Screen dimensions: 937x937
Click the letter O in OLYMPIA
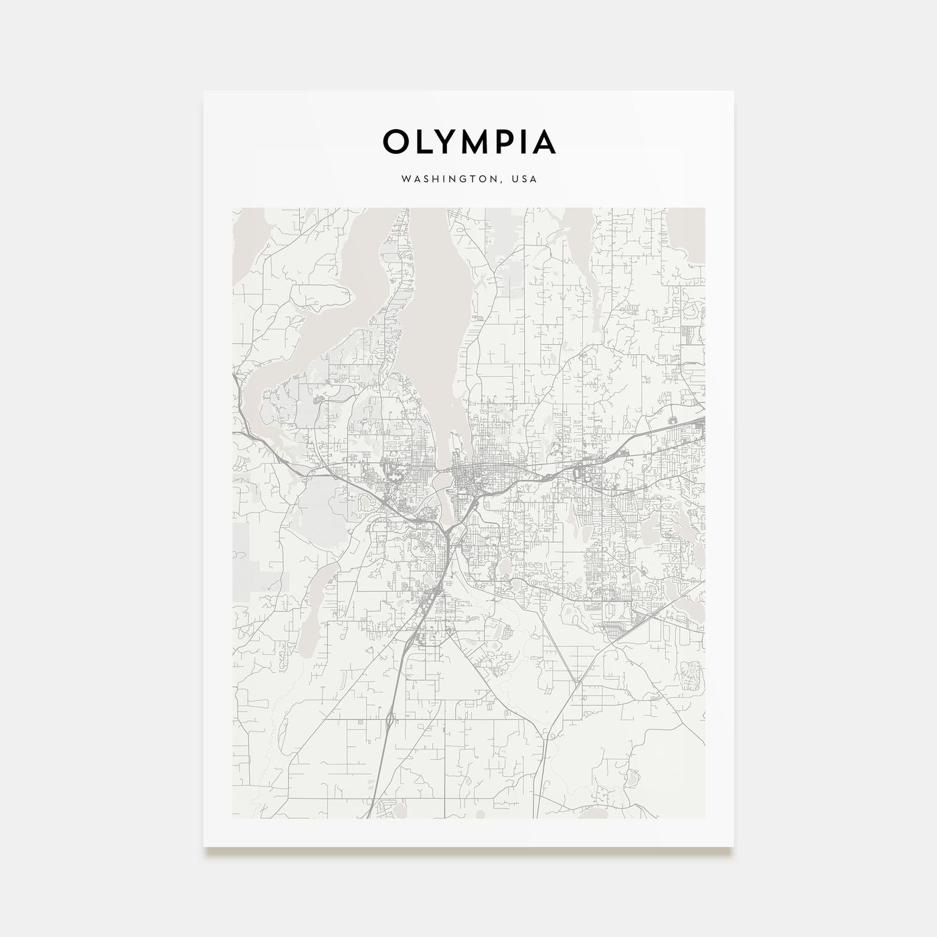[x=396, y=142]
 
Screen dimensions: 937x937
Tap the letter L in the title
[x=426, y=142]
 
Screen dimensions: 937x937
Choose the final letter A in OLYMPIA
[x=544, y=142]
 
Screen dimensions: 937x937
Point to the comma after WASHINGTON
[x=501, y=182]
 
